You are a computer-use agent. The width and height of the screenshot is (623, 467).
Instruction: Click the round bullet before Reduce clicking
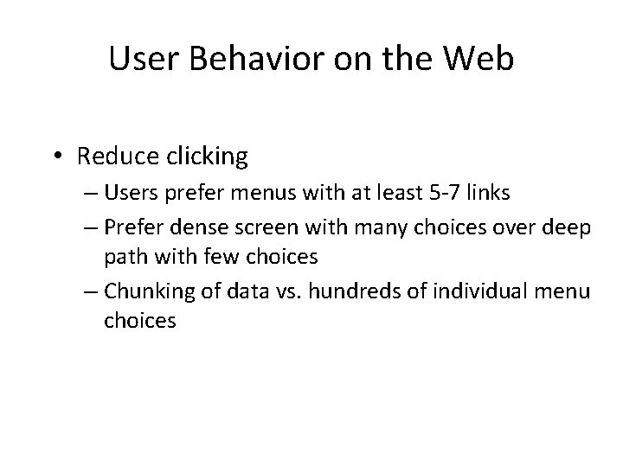tap(60, 157)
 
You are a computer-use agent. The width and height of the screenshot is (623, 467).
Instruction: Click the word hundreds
tap(342, 291)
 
